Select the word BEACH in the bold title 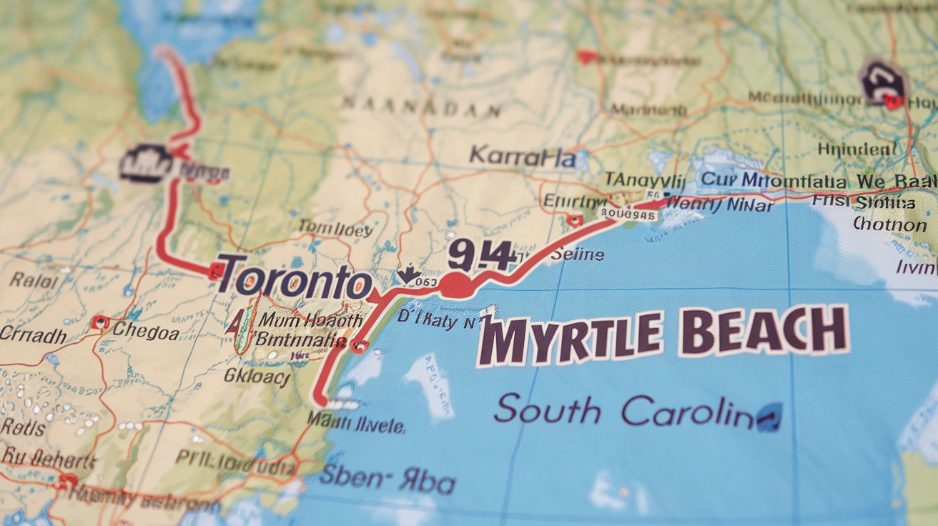(x=764, y=330)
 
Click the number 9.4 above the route (x=480, y=256)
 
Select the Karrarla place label (x=523, y=157)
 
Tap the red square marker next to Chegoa (x=100, y=322)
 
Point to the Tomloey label (x=335, y=229)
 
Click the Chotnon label (x=889, y=224)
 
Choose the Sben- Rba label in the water (x=387, y=480)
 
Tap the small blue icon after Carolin (x=769, y=417)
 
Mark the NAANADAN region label (x=420, y=108)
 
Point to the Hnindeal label (x=856, y=149)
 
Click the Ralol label (x=34, y=279)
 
